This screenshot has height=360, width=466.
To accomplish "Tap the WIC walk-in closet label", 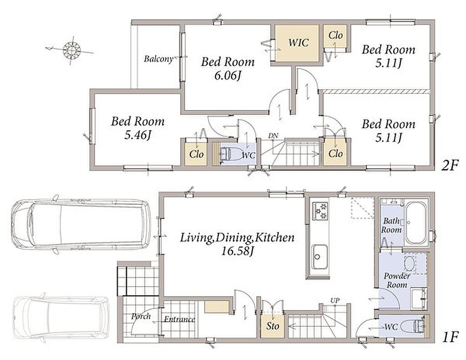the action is pyautogui.click(x=299, y=42).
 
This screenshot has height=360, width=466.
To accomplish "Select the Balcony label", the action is pyautogui.click(x=158, y=59).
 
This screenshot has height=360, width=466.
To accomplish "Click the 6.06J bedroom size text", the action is pyautogui.click(x=228, y=76).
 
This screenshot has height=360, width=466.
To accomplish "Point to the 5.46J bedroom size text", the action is pyautogui.click(x=137, y=135).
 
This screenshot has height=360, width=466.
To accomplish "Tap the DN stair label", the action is pyautogui.click(x=273, y=136).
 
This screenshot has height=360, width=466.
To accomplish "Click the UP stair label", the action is pyautogui.click(x=335, y=300).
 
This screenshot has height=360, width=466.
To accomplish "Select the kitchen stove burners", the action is pyautogui.click(x=320, y=211).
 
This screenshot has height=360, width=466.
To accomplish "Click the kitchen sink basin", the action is pyautogui.click(x=319, y=257).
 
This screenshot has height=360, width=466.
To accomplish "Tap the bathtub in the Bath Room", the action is pyautogui.click(x=416, y=223).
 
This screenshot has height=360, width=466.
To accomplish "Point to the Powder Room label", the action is pyautogui.click(x=396, y=280).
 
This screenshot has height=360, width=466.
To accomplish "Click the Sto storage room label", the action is pyautogui.click(x=273, y=326).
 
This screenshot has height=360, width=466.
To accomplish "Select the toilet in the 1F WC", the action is pyautogui.click(x=413, y=327).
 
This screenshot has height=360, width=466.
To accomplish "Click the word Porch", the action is pyautogui.click(x=141, y=317).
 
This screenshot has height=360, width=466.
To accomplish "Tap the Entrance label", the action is pyautogui.click(x=179, y=319).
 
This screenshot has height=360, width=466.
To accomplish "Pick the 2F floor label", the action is pyautogui.click(x=450, y=165).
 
